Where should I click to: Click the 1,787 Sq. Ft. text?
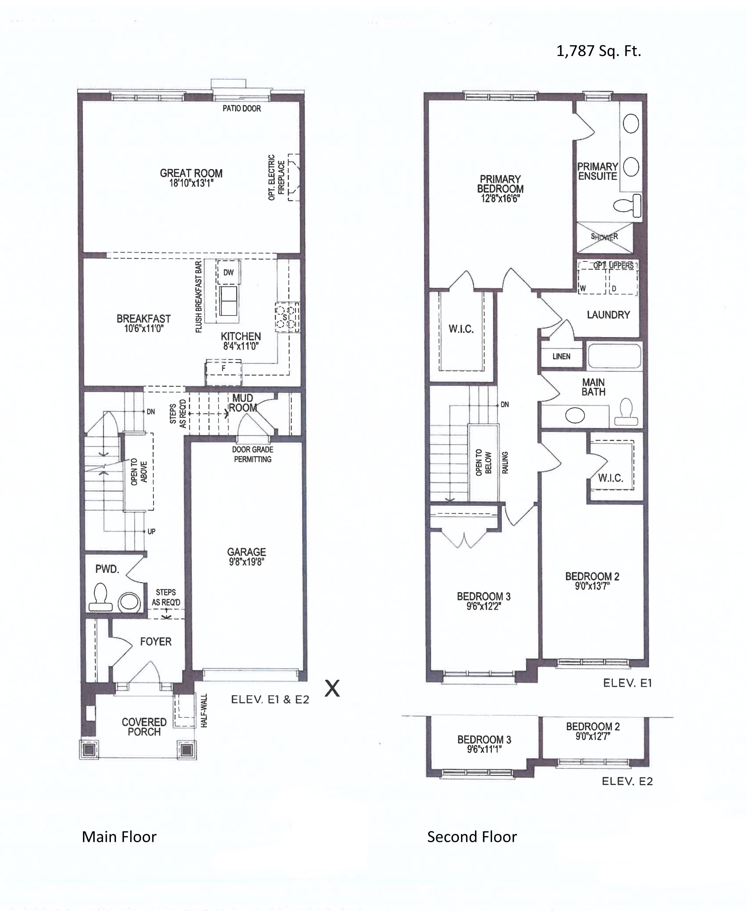(599, 51)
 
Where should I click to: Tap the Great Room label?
(191, 173)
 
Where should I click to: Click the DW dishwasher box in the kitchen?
(229, 272)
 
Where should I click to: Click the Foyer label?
(156, 641)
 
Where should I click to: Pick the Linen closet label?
(562, 356)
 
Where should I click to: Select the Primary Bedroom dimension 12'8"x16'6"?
(500, 198)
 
